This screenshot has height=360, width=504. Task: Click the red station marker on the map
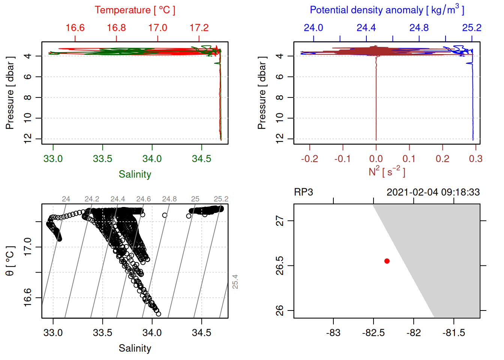tap(387, 261)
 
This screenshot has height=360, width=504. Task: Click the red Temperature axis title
tap(135, 10)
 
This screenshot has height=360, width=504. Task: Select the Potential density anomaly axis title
tap(387, 10)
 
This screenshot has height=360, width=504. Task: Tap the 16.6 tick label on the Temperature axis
tap(75, 28)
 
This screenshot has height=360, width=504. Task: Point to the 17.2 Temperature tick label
tap(199, 28)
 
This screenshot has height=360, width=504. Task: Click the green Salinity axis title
tap(135, 174)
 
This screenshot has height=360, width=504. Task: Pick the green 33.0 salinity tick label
tap(53, 159)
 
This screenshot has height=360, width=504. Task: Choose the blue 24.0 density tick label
tap(313, 28)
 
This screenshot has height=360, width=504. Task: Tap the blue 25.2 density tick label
tap(471, 28)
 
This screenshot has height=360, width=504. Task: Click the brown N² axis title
tap(387, 171)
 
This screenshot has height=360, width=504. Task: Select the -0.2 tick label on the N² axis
tap(309, 159)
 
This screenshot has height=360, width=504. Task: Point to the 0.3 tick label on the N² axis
tap(475, 159)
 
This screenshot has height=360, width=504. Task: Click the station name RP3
tap(303, 192)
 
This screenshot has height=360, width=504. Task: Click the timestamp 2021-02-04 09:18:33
tap(433, 192)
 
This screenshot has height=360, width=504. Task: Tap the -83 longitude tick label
tap(333, 333)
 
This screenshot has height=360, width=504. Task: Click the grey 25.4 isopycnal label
tap(235, 282)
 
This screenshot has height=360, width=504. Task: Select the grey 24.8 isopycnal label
tap(169, 199)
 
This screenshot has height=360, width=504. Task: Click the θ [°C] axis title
tap(10, 261)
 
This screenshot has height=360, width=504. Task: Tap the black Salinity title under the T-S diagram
tap(135, 348)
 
